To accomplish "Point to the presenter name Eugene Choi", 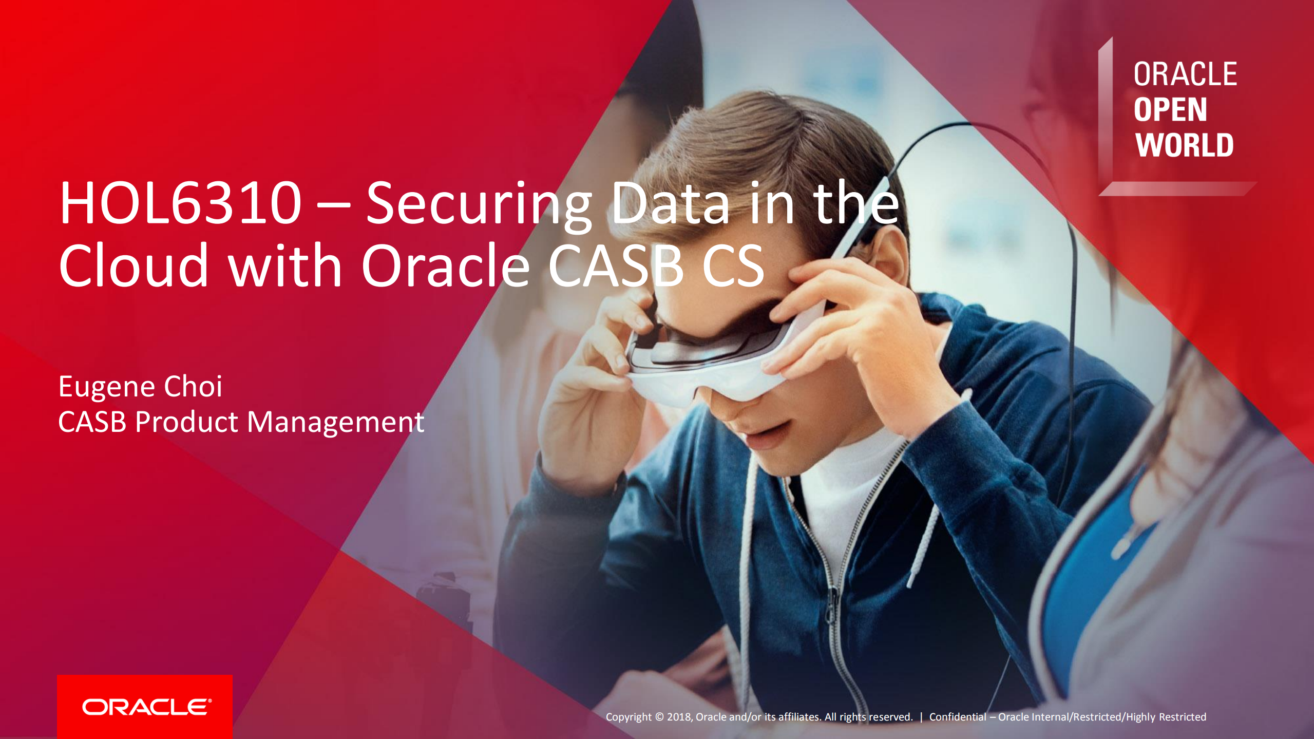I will coord(140,386).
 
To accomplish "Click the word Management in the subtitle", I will coord(335,422).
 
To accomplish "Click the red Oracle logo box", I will coord(145,707).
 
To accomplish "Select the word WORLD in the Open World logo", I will coord(1184,145).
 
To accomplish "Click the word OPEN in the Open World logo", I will coord(1170,110).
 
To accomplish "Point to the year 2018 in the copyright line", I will coord(679,717).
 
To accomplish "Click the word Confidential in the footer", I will coord(958,717).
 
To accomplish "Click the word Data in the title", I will coord(670,204).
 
